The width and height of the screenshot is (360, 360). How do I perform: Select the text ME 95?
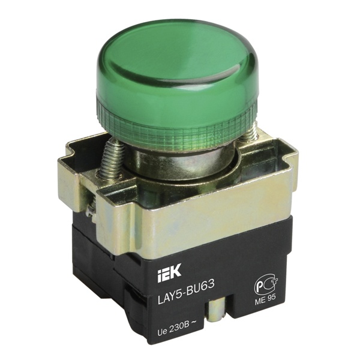coord(265,299)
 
